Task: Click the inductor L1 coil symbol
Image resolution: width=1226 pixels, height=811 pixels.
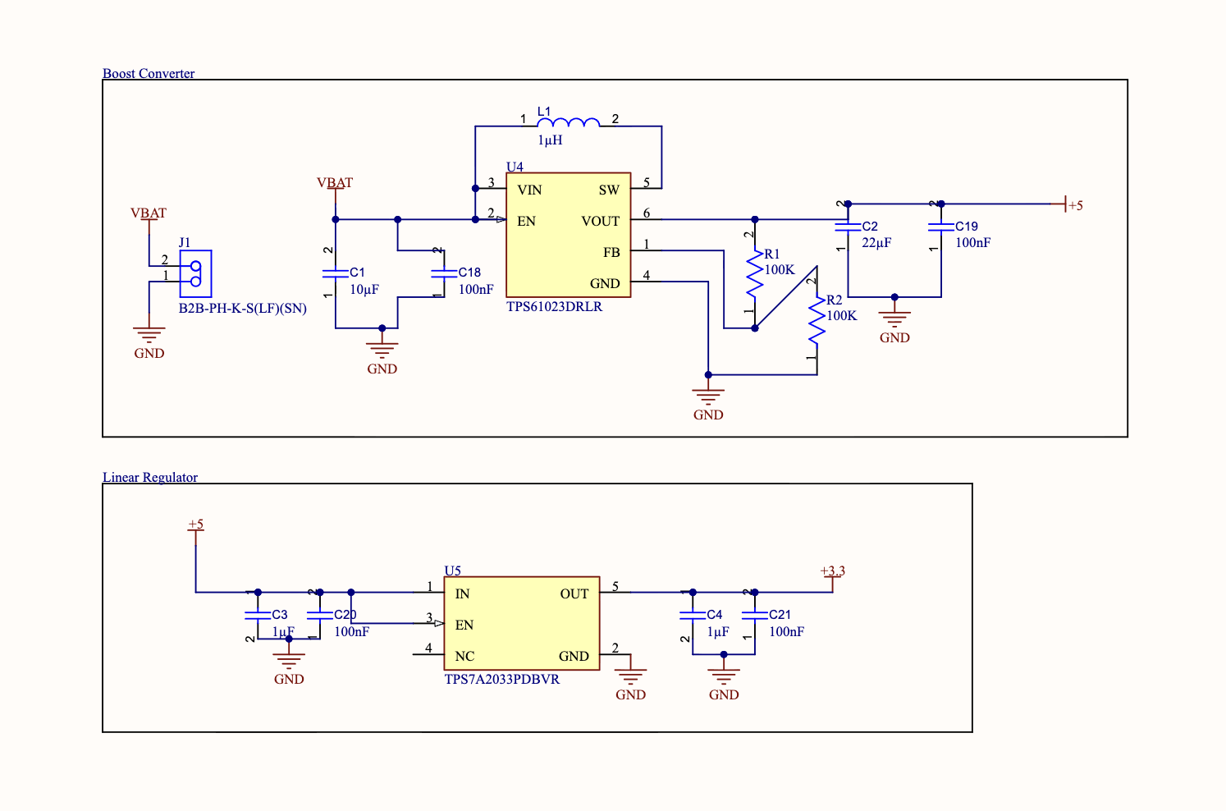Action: click(569, 122)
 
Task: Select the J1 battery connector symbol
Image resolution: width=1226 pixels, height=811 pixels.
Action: click(195, 274)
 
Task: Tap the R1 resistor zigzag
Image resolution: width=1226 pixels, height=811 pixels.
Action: click(755, 274)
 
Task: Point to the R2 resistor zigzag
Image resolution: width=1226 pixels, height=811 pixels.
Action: click(817, 320)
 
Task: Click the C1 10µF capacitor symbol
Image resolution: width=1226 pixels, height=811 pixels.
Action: click(336, 274)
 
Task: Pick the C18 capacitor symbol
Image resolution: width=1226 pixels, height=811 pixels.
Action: click(444, 274)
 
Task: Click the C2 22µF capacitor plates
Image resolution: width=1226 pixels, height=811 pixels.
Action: click(848, 227)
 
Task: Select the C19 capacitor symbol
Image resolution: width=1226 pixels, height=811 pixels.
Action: click(941, 227)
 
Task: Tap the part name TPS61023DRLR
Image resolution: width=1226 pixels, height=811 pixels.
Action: click(554, 307)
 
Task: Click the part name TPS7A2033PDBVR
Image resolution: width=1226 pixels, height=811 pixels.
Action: click(502, 680)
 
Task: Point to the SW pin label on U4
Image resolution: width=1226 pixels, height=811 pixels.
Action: click(609, 190)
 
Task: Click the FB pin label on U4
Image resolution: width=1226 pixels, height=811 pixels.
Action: click(611, 253)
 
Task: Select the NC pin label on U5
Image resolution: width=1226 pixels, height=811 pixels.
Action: click(464, 656)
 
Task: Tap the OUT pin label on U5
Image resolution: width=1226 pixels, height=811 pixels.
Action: click(574, 594)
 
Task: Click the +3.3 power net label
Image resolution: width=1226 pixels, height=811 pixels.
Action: click(832, 571)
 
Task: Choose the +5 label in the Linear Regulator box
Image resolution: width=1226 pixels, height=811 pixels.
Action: click(195, 525)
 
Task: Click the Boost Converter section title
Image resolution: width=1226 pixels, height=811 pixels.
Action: click(149, 73)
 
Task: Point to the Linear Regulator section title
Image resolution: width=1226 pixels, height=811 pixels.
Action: click(150, 477)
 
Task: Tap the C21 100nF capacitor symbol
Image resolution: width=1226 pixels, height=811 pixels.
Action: click(755, 616)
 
